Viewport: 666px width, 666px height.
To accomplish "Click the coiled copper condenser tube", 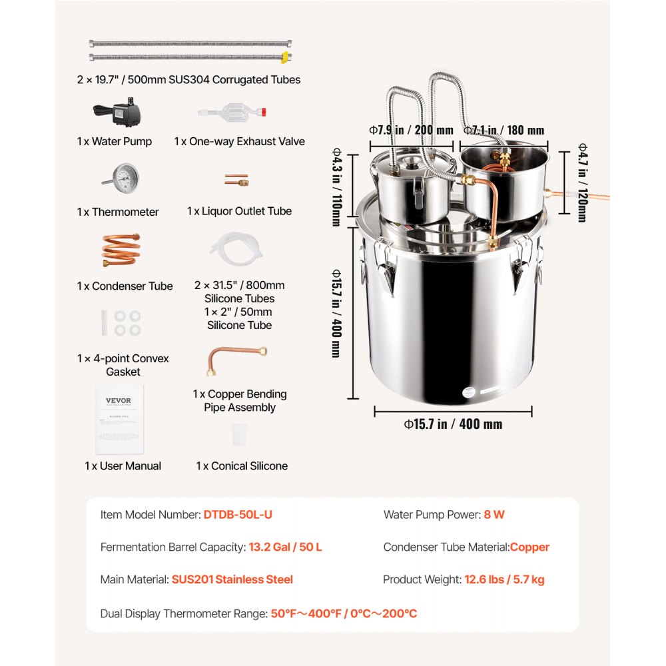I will click(121, 250).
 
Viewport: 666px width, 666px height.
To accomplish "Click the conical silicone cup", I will click(241, 436).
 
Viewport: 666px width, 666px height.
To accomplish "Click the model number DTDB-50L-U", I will click(238, 515).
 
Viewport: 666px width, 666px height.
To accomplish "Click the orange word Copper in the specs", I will click(529, 547).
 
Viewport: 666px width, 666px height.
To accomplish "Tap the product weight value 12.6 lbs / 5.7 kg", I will click(504, 579).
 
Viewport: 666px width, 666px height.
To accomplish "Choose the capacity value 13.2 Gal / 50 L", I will click(285, 547).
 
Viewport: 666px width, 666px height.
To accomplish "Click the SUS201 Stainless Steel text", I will click(232, 579).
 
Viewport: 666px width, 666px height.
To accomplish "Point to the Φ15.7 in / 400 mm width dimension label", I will click(453, 424).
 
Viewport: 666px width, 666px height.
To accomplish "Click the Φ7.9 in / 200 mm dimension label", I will click(411, 131).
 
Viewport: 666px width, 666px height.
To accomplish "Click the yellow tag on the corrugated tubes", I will click(285, 57).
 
